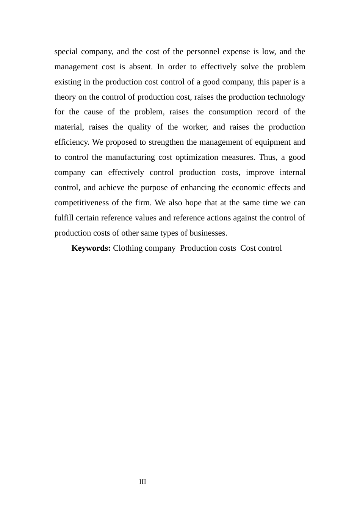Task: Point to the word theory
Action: pyautogui.click(x=65, y=97)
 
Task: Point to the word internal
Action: pyautogui.click(x=292, y=173)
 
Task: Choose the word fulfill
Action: pyautogui.click(x=64, y=218)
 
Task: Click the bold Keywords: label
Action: pyautogui.click(x=91, y=248)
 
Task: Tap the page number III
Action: pyautogui.click(x=142, y=482)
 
